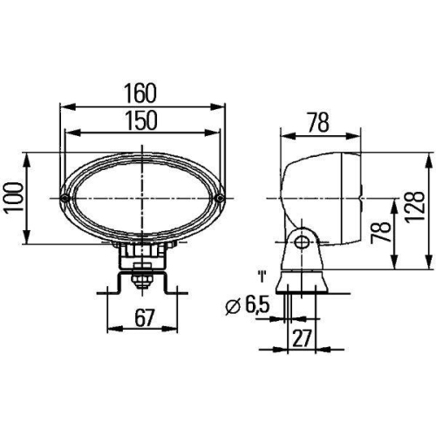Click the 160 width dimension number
tap(140, 92)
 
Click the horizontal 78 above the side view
tap(319, 123)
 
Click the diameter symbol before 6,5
tap(230, 307)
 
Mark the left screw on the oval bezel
tap(66, 200)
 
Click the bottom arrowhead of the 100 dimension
tap(29, 239)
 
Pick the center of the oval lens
tap(142, 200)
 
